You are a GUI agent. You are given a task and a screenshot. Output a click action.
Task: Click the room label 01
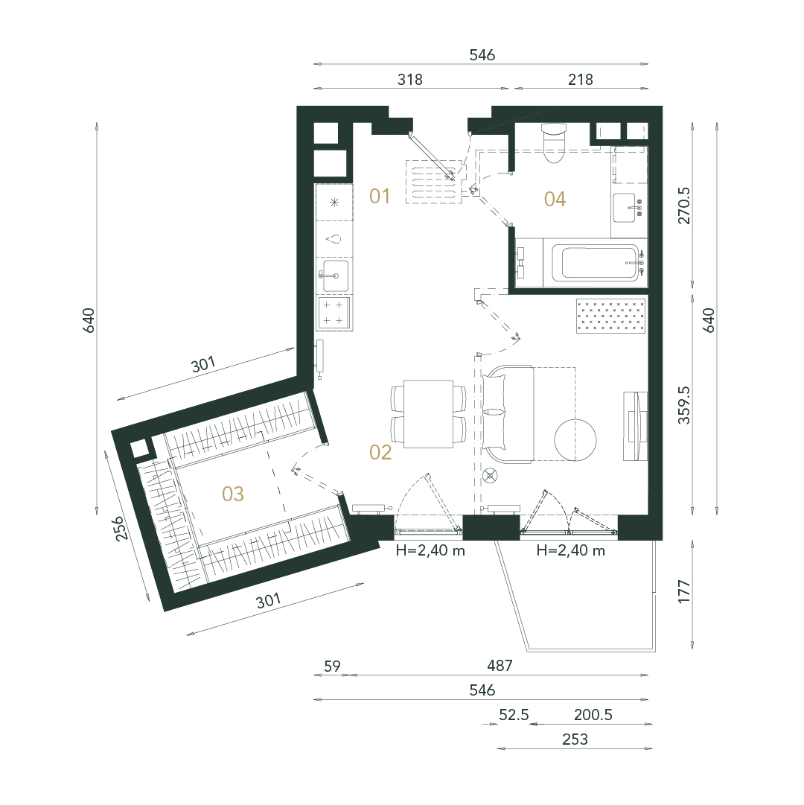click(x=380, y=197)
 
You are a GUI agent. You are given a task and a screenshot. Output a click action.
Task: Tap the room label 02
click(x=380, y=453)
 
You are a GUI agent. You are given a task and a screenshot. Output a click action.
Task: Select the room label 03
click(x=233, y=494)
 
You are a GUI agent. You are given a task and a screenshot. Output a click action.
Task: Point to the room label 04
click(x=555, y=199)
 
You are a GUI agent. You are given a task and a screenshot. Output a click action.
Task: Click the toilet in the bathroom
click(x=555, y=141)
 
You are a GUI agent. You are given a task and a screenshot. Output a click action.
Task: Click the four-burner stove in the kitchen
click(x=334, y=313)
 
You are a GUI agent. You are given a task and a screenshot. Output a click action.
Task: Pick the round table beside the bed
click(x=575, y=440)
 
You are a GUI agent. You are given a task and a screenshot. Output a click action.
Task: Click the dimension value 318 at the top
click(x=409, y=80)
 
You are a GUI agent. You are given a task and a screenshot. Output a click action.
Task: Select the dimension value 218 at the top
click(x=581, y=80)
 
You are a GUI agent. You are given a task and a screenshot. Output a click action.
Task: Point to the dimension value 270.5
click(x=685, y=205)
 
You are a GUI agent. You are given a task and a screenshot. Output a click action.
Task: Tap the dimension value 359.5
click(x=685, y=405)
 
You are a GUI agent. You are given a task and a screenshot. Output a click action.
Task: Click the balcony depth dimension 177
click(x=685, y=591)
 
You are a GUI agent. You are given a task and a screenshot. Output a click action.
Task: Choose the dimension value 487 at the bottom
click(x=500, y=665)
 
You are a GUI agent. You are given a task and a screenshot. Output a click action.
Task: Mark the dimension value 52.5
click(x=514, y=715)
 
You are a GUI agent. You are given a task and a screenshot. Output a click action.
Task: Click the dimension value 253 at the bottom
click(x=575, y=739)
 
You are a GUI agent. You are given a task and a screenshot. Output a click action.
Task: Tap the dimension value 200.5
click(x=593, y=715)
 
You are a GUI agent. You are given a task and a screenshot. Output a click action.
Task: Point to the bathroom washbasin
click(x=630, y=206)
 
